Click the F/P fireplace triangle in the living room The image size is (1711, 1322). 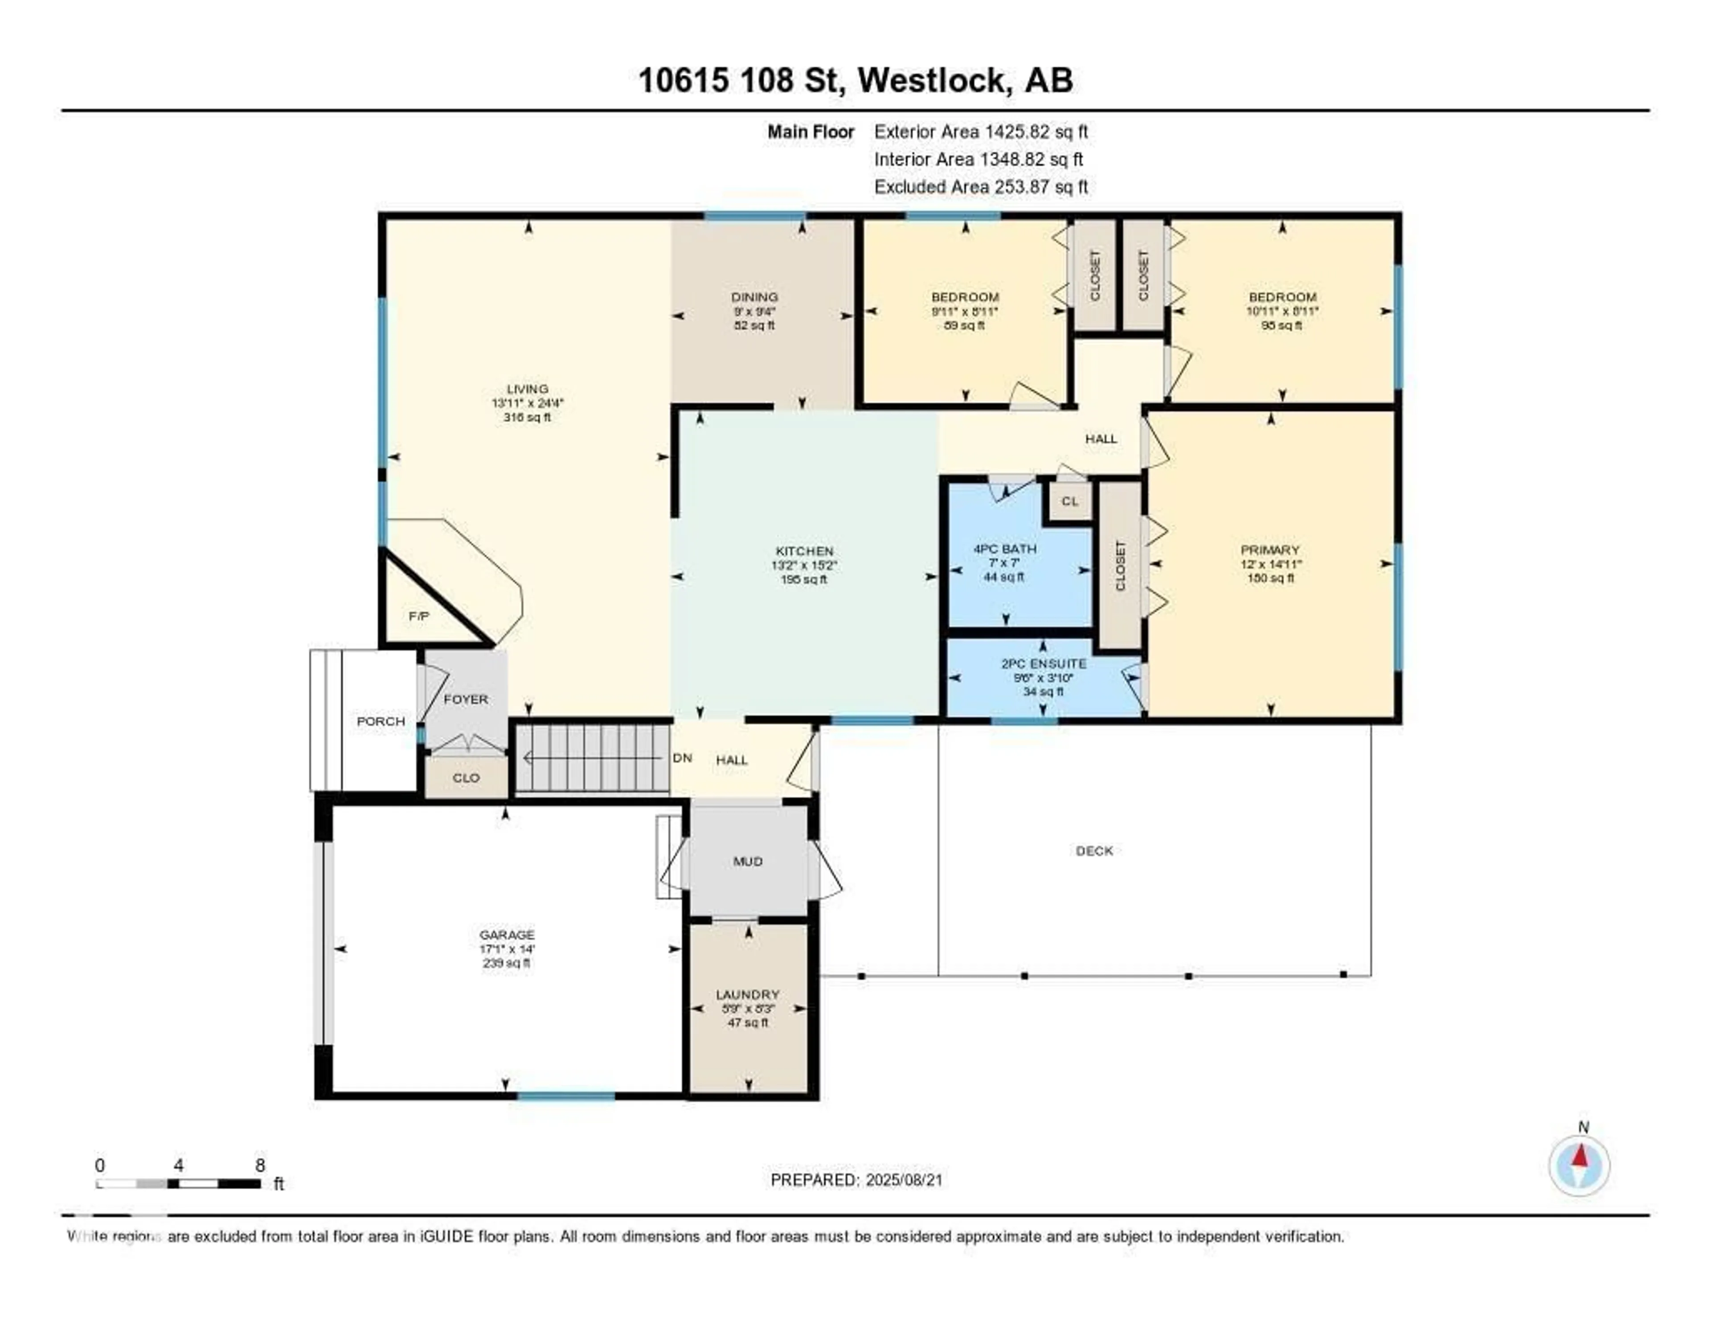tap(419, 616)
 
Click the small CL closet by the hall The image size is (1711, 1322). tap(1069, 501)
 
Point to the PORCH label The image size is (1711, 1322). tap(381, 721)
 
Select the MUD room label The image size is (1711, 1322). tap(747, 861)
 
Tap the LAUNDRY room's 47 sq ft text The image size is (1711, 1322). tap(748, 1022)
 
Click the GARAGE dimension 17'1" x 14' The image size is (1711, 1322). tap(507, 949)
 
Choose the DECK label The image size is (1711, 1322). tap(1094, 850)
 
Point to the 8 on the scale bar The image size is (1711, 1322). tap(260, 1165)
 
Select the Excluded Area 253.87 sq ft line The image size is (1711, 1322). tap(981, 186)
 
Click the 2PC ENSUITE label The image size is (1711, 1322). tap(1044, 664)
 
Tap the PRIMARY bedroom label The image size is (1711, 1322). tap(1270, 550)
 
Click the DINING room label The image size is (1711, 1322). tap(754, 297)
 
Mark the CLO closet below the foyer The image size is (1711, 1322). tap(466, 778)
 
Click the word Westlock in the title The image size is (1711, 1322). tap(932, 81)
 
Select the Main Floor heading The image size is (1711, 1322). tap(810, 131)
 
